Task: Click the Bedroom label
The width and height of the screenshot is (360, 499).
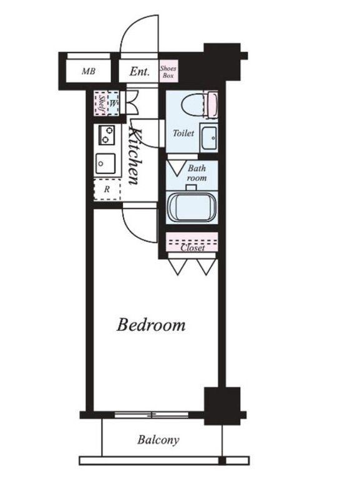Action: click(151, 325)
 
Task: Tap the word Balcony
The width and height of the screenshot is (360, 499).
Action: click(158, 440)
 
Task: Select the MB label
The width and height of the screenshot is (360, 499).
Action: click(89, 71)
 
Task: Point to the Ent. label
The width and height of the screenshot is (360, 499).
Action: click(139, 71)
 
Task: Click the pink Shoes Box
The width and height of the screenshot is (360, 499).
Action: click(168, 72)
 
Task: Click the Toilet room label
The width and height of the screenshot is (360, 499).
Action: click(183, 133)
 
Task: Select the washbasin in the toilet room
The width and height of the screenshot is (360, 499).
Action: click(210, 138)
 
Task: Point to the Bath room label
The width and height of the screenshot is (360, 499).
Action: click(197, 173)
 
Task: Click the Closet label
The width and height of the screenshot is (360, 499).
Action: click(193, 248)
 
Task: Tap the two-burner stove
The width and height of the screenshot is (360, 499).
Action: click(106, 135)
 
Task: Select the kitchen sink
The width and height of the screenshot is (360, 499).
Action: click(105, 163)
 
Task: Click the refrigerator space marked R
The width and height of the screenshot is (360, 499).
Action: click(107, 190)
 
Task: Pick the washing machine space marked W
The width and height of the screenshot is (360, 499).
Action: click(114, 103)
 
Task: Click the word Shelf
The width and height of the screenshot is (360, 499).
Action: click(102, 103)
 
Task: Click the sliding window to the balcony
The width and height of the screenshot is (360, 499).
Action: click(151, 415)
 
